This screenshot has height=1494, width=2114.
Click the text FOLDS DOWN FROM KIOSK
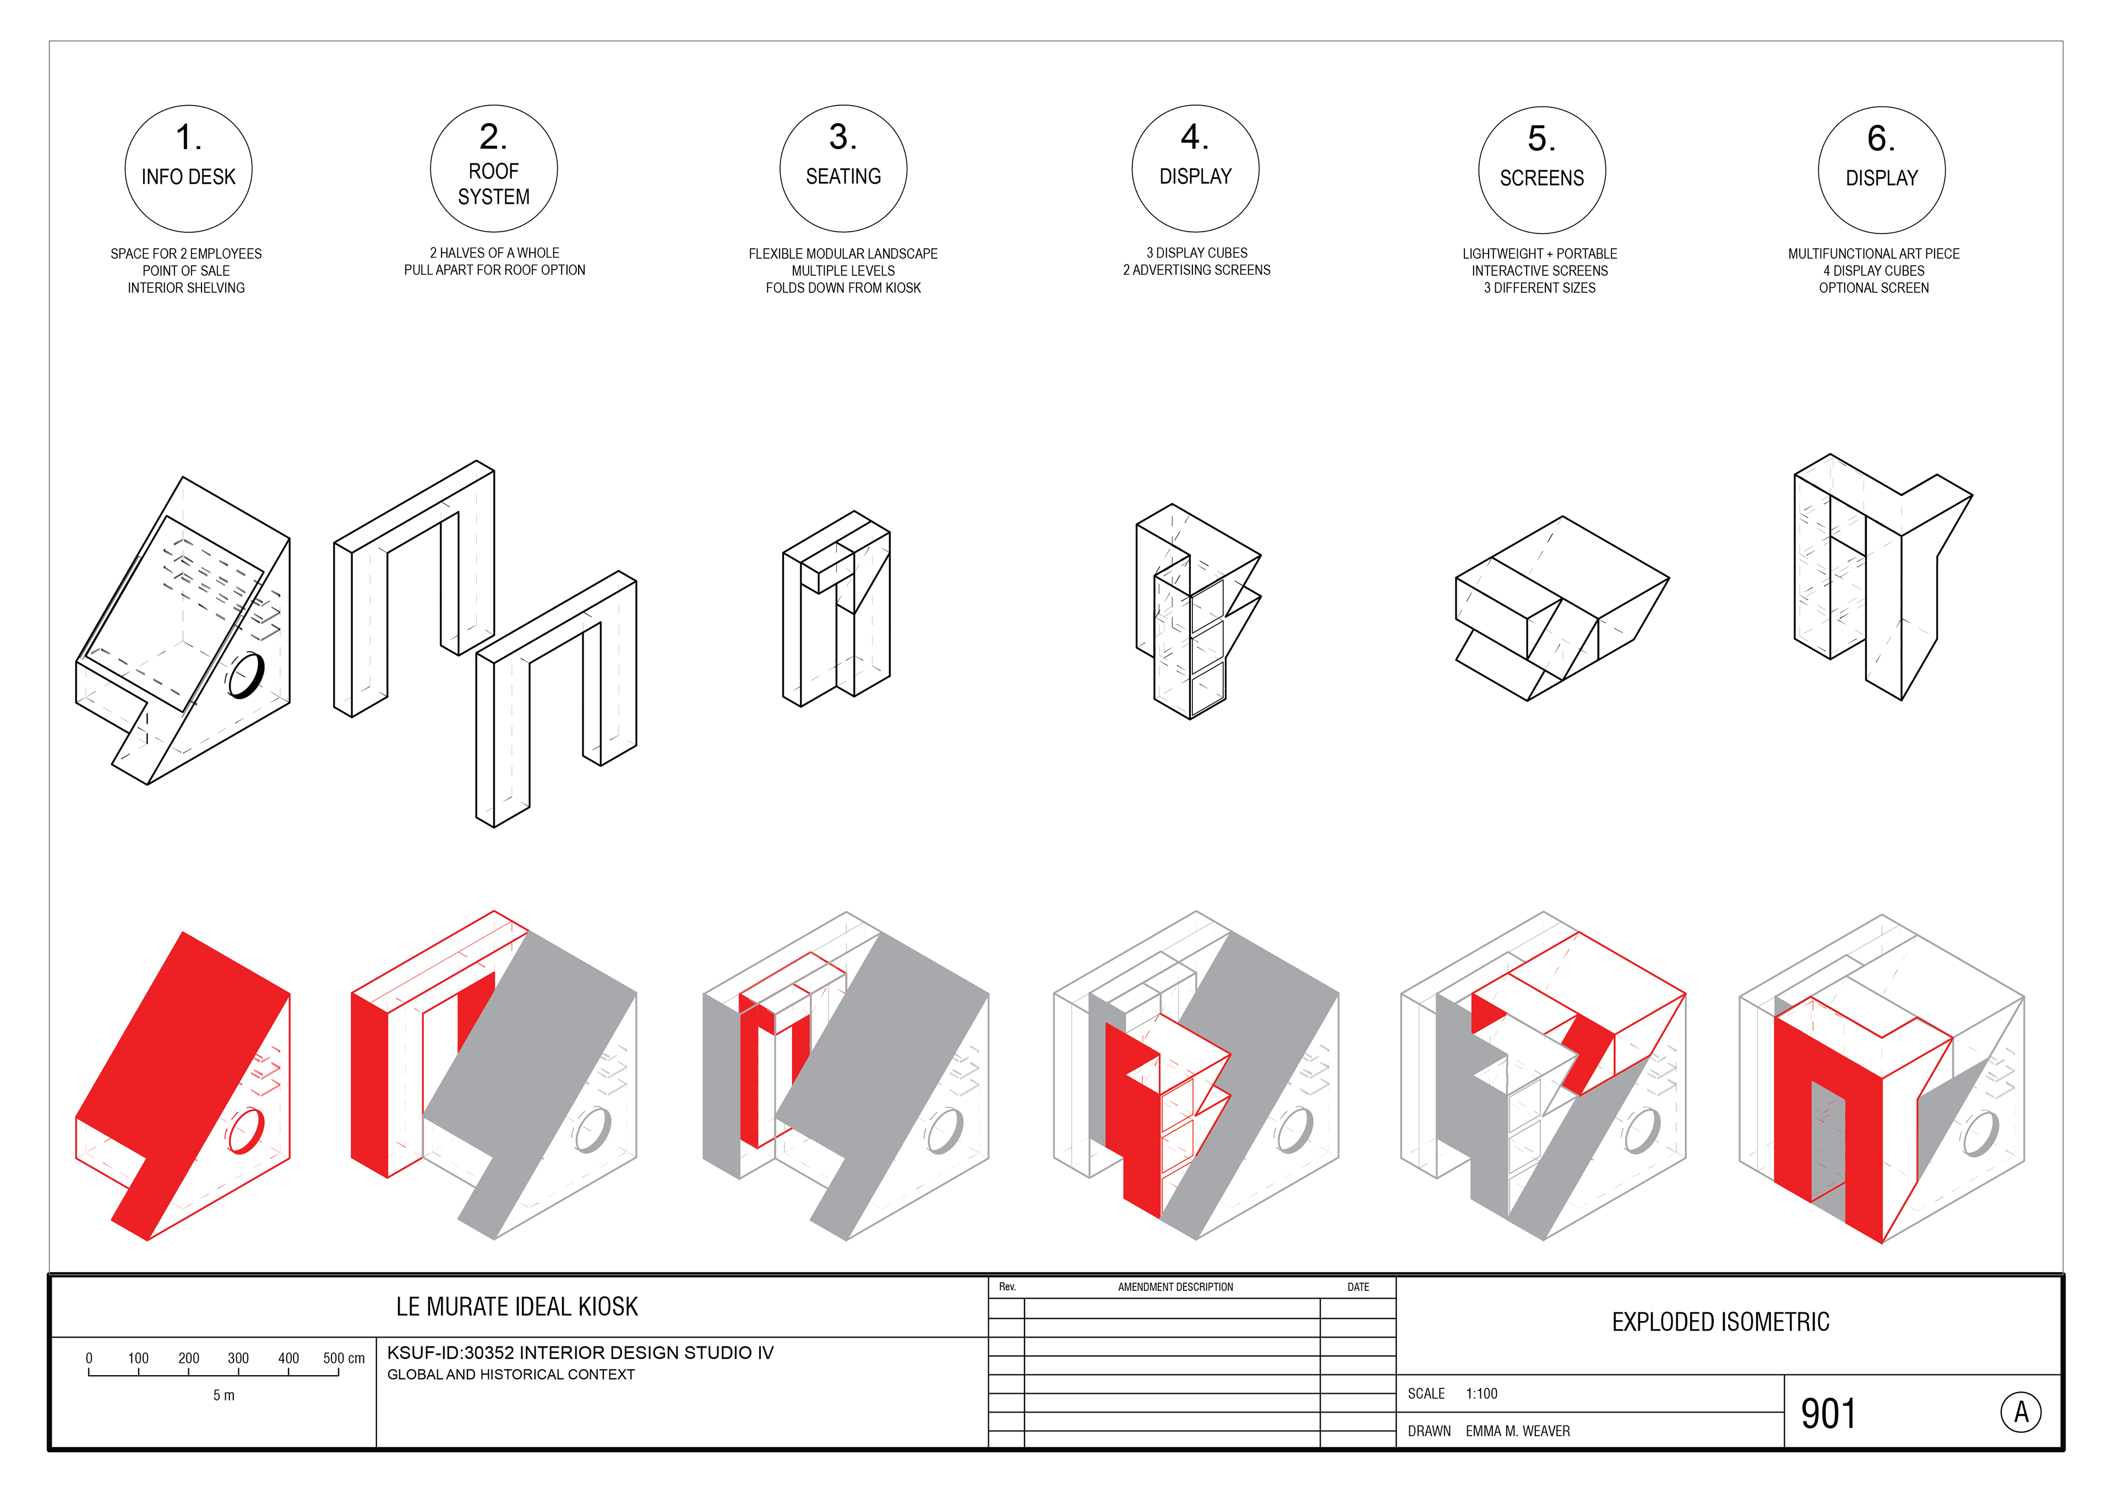coord(843,288)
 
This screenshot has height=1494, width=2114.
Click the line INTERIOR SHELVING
coord(186,288)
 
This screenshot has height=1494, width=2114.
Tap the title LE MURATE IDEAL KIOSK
coord(516,1306)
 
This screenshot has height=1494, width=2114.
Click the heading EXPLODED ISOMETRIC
coord(1720,1322)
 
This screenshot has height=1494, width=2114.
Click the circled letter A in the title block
coord(2021,1412)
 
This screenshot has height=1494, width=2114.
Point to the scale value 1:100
coord(1481,1394)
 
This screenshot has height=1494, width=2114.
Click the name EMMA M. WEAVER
coord(1517,1431)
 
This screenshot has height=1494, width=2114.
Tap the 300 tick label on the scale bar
coord(238,1359)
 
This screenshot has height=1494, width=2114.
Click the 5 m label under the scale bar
coord(224,1395)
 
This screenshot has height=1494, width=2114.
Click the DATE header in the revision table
coord(1358,1287)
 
